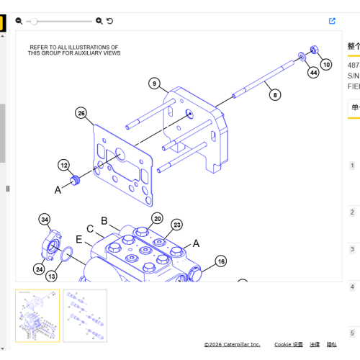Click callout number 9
click(x=154, y=84)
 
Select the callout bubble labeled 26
click(x=81, y=113)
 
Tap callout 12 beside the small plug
click(x=64, y=164)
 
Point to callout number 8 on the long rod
click(x=274, y=93)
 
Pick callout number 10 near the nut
click(x=326, y=64)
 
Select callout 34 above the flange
click(x=45, y=219)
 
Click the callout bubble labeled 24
click(x=39, y=269)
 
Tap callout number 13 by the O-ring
click(x=52, y=276)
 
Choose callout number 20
click(x=157, y=218)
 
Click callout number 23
click(x=176, y=225)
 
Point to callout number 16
click(x=220, y=261)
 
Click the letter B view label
click(x=104, y=220)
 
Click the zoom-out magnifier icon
click(x=19, y=21)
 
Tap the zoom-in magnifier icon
click(x=99, y=21)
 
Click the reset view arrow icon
click(x=109, y=21)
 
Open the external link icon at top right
click(x=332, y=21)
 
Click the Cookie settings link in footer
click(x=289, y=345)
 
